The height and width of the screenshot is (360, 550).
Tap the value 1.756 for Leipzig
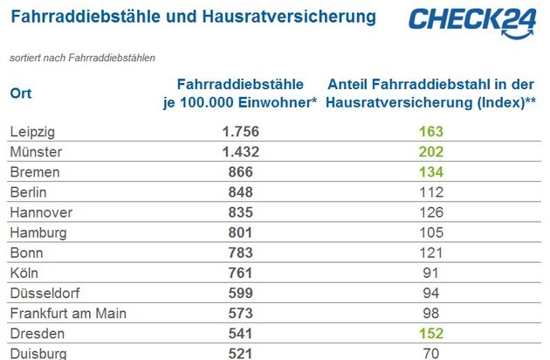240,131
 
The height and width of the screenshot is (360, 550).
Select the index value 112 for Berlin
431,191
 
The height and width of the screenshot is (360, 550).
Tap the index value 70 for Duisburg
431,354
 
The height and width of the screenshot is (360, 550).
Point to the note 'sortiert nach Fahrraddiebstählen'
82,59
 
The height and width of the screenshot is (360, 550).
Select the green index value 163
431,131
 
